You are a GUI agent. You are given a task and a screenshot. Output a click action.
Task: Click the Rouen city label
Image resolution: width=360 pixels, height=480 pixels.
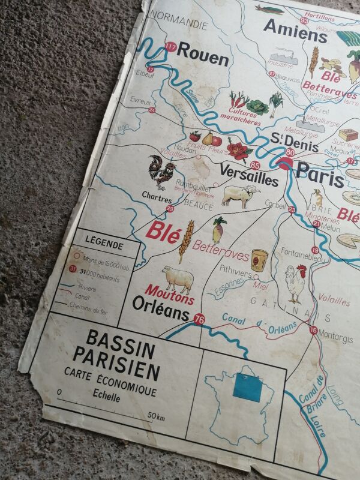pyautogui.click(x=202, y=59)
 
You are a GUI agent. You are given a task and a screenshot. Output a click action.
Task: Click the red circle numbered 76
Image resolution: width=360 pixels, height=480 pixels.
pyautogui.click(x=200, y=320)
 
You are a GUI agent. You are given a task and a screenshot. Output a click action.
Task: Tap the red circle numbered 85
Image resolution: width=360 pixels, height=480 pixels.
pyautogui.click(x=256, y=165)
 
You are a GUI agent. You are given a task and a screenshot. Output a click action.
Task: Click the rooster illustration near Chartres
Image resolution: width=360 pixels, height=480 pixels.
pyautogui.click(x=160, y=172)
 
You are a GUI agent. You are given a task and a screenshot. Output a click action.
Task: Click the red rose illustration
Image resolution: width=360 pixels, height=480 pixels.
pyautogui.click(x=239, y=149)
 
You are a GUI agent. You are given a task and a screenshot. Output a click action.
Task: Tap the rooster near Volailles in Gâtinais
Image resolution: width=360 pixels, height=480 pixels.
pyautogui.click(x=295, y=283)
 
